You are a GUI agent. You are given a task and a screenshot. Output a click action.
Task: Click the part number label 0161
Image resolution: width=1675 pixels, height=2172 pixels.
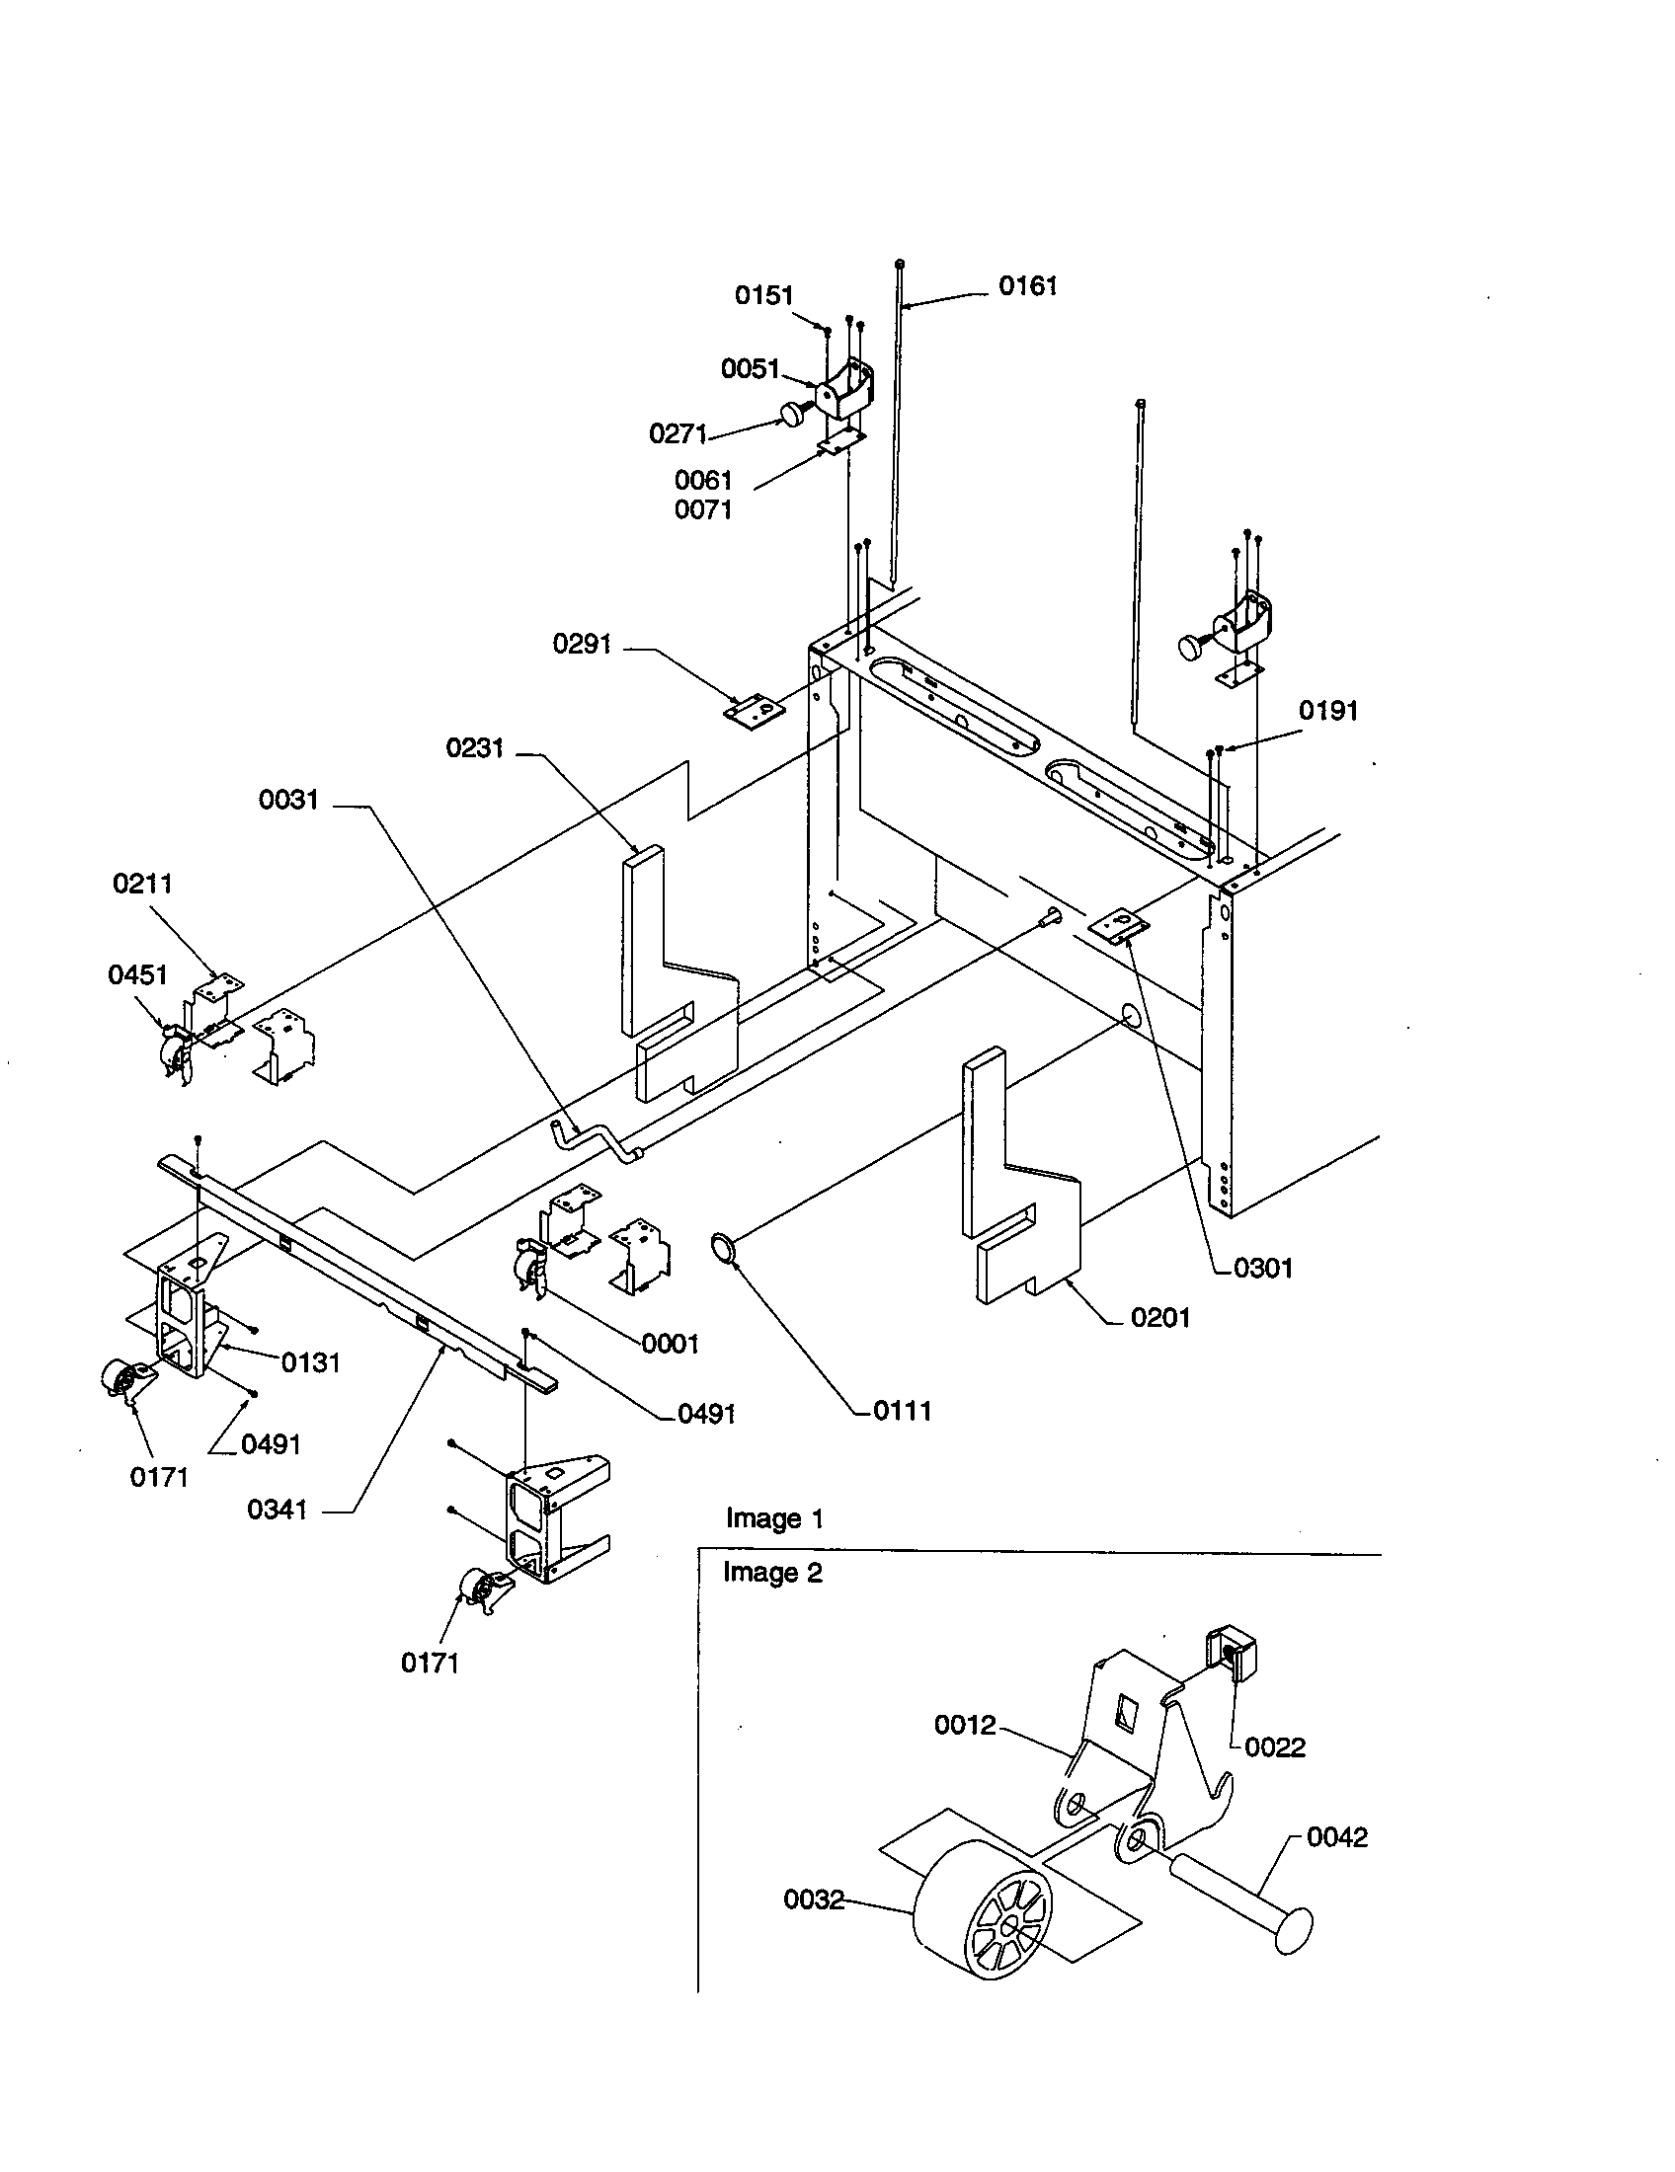1027,286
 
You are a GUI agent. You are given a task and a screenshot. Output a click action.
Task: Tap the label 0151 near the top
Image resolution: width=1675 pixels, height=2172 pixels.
763,295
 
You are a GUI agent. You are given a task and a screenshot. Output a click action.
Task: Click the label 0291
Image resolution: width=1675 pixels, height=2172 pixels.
582,645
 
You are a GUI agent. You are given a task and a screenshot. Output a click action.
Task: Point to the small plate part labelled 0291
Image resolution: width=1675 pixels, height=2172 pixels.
753,712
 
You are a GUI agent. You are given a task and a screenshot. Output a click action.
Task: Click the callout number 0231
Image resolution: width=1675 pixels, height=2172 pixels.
474,748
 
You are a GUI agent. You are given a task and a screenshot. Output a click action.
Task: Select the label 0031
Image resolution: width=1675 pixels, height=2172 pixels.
288,800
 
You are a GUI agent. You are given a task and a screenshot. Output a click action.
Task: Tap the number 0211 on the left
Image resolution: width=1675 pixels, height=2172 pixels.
142,884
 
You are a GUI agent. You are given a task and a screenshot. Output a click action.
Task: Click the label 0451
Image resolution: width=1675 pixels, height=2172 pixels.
137,974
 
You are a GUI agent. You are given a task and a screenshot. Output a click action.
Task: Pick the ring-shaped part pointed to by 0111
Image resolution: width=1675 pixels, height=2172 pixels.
725,1247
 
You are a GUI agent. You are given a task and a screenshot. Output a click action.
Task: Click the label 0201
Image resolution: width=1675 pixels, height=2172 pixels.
1159,1318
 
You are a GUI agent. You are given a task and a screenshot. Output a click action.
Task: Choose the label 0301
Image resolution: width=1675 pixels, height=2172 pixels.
1262,1268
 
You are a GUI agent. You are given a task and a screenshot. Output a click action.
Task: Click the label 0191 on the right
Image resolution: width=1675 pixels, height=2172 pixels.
1328,711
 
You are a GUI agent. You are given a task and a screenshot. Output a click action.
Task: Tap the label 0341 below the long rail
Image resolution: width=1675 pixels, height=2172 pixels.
278,1510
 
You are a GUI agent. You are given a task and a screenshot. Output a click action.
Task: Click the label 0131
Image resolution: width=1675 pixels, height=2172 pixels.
310,1362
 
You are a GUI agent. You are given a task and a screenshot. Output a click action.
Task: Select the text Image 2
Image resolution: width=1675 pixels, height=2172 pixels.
772,1573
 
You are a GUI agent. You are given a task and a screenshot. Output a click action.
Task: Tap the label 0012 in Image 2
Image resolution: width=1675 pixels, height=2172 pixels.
965,1726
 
